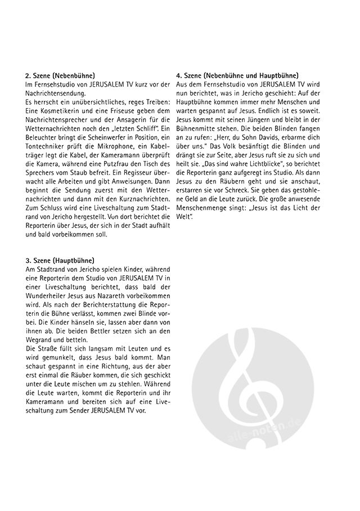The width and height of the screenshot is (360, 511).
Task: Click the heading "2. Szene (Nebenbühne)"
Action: coord(60,75)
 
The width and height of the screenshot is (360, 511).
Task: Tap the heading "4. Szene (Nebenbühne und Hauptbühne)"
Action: coord(237,75)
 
